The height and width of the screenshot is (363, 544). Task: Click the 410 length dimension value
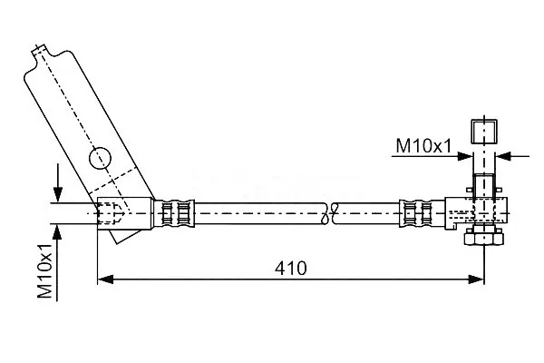pos(291,269)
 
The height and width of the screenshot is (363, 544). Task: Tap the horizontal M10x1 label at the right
pos(423,145)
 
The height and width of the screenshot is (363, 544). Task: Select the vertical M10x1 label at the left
pos(45,271)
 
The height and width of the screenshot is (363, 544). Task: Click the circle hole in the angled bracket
pos(100,158)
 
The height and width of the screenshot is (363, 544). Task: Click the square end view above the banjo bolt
pos(484,132)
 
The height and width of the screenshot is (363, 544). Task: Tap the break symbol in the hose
pos(330,213)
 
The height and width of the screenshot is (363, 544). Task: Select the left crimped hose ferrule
pos(174,213)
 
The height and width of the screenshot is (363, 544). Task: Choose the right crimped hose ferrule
pos(416,213)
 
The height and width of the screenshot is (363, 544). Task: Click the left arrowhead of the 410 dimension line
pos(105,279)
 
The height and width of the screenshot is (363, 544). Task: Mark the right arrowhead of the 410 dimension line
pos(476,279)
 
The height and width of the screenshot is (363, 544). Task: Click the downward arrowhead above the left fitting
pos(58,194)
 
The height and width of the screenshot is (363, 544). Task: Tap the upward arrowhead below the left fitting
pos(58,232)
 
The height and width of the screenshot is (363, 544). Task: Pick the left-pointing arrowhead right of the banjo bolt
pos(503,156)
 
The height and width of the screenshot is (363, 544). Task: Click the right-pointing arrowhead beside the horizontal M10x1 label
pos(465,156)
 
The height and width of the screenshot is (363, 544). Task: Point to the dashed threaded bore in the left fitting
pos(110,213)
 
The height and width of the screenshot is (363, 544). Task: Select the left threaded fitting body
pos(125,213)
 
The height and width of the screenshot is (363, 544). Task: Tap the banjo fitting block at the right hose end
pos(476,213)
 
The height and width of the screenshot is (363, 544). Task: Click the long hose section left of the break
pos(259,213)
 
